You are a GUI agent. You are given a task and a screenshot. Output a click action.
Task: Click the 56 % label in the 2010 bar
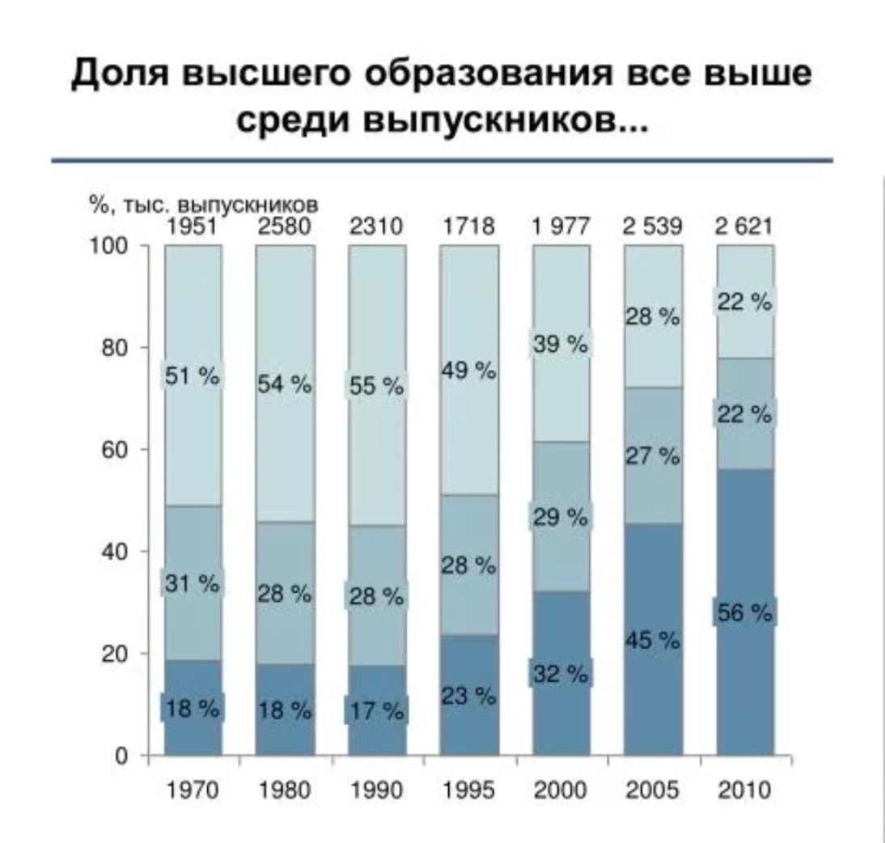click(744, 614)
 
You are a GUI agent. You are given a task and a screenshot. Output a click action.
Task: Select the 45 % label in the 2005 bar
click(652, 641)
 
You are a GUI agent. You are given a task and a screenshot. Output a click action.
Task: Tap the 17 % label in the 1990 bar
click(377, 711)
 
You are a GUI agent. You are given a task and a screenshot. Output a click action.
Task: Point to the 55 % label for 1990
click(377, 388)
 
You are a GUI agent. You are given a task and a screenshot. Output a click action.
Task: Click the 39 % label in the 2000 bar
click(560, 345)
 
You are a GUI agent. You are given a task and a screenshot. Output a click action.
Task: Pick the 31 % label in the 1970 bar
click(192, 582)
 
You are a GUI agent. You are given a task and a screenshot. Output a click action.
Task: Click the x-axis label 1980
click(284, 791)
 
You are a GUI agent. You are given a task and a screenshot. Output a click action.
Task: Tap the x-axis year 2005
click(652, 791)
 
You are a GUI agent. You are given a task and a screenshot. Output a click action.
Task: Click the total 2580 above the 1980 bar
click(284, 227)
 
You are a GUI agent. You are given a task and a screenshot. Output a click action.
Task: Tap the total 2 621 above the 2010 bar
click(744, 227)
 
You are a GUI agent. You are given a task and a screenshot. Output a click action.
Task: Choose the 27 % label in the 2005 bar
click(652, 457)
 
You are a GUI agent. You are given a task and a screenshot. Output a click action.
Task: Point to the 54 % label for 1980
click(284, 385)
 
